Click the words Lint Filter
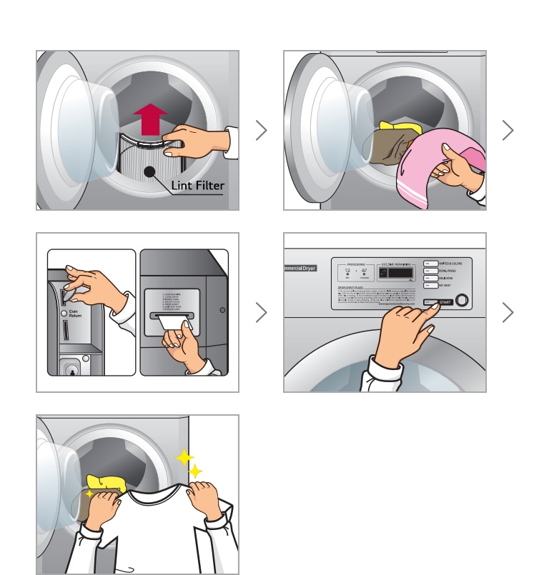(x=197, y=186)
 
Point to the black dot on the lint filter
(x=149, y=171)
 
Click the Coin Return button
(x=64, y=312)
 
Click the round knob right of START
(x=463, y=301)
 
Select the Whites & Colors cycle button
(x=431, y=263)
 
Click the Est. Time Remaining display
(x=397, y=271)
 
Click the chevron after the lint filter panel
(x=261, y=130)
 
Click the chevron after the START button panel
(x=508, y=312)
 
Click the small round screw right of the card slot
(x=222, y=310)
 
